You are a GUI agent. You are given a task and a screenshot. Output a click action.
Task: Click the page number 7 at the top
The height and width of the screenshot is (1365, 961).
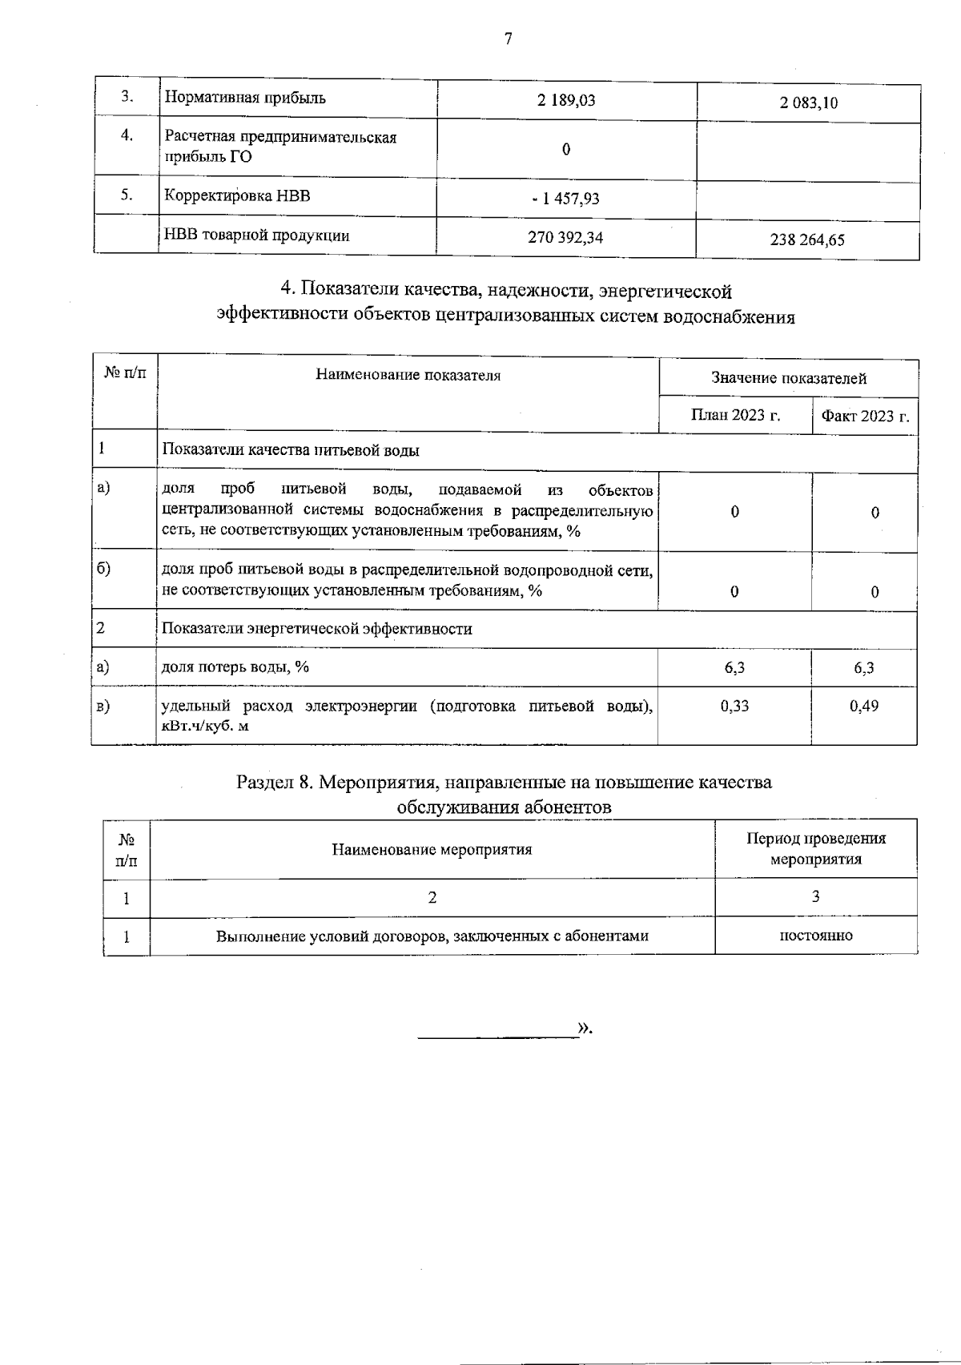point(508,38)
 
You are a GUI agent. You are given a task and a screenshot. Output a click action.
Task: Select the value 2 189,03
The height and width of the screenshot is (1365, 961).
point(566,100)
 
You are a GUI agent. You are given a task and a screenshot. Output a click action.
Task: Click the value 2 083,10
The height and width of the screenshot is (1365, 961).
point(807,103)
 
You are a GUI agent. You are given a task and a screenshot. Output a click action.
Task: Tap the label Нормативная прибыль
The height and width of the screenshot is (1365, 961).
point(245,99)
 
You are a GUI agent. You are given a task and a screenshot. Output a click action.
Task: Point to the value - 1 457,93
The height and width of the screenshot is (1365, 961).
point(565,198)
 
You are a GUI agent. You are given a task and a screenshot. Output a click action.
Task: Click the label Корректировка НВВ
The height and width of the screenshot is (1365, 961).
point(237,196)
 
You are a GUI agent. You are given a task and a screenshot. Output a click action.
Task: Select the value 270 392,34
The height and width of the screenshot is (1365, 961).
point(565,237)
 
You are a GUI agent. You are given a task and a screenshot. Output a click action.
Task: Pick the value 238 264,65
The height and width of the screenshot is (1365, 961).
point(807,240)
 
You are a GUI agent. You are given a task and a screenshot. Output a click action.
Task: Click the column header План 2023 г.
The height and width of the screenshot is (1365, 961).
point(735,415)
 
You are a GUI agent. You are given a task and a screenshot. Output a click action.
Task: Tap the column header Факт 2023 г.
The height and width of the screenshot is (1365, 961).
point(864,416)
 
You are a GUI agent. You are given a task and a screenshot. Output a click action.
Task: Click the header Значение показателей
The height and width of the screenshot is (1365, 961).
point(788,378)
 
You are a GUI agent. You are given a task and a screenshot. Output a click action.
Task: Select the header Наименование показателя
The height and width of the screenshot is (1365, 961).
point(408,375)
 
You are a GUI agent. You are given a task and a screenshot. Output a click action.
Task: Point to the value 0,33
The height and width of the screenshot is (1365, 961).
point(734,706)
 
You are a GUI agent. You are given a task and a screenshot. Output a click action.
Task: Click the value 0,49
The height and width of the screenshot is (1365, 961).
point(864,707)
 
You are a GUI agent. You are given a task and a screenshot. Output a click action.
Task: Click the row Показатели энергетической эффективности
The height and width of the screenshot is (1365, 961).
point(317,629)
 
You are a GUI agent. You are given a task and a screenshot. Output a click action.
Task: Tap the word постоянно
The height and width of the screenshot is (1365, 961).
point(815,935)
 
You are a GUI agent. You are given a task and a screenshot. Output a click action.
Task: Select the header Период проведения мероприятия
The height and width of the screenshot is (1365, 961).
point(815,848)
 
